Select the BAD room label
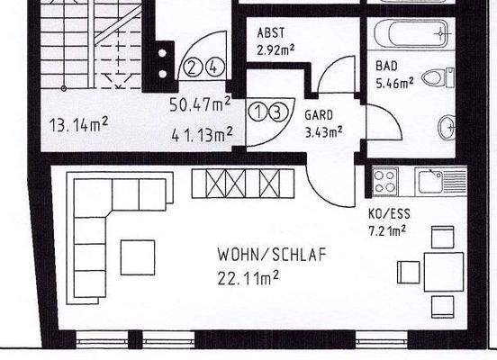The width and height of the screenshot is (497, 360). (x=387, y=66)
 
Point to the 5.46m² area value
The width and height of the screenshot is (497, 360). (x=394, y=82)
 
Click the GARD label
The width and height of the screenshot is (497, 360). (x=319, y=116)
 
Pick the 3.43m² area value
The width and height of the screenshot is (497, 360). (x=323, y=132)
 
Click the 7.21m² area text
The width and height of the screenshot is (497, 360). (x=388, y=230)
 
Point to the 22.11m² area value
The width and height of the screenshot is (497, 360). (x=248, y=277)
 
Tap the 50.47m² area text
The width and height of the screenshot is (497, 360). (x=201, y=104)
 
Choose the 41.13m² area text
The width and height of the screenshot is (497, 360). (x=202, y=135)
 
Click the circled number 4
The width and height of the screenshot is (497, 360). (x=212, y=67)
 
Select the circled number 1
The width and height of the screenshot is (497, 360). (x=257, y=112)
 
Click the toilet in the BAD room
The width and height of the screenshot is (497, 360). (x=438, y=78)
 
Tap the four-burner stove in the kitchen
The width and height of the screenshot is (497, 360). (x=386, y=180)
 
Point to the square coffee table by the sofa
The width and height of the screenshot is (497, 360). (x=138, y=256)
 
